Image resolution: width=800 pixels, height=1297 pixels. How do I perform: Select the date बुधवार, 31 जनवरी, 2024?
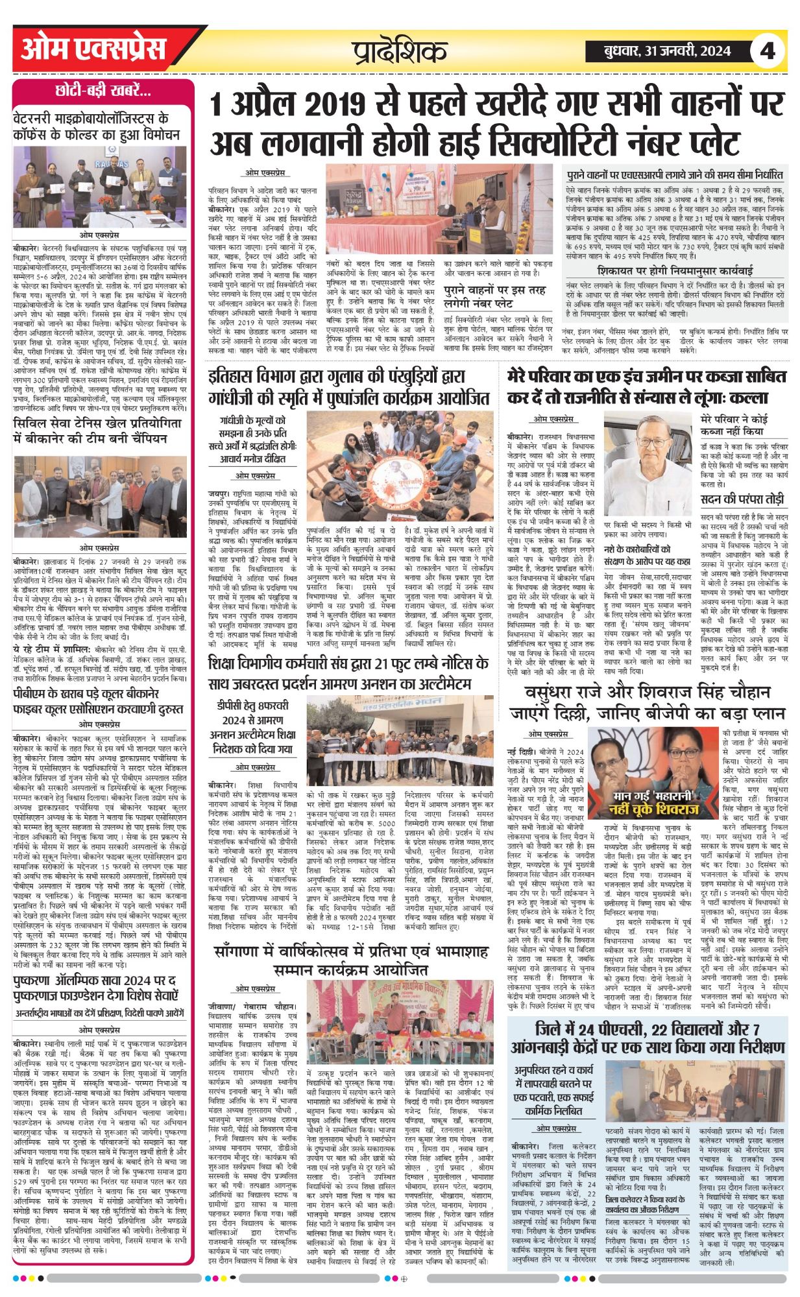point(660,51)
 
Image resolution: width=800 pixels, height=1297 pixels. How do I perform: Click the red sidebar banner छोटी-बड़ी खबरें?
point(103,91)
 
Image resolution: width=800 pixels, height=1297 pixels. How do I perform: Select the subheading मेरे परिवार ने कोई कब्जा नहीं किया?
point(744,424)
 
